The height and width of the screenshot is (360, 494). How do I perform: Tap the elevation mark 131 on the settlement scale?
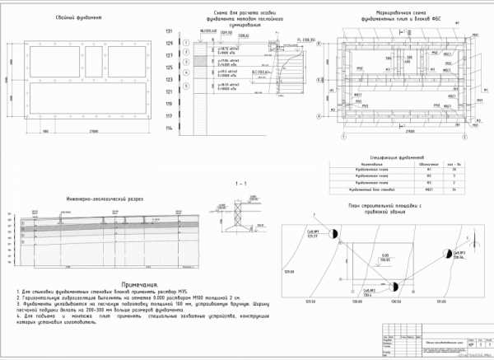click(170, 31)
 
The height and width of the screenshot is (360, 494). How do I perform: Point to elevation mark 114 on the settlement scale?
click(170, 129)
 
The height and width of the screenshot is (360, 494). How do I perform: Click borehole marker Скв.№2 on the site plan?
click(394, 287)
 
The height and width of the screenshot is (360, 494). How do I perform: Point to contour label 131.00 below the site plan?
click(440, 302)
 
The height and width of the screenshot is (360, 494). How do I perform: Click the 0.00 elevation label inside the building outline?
click(384, 256)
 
